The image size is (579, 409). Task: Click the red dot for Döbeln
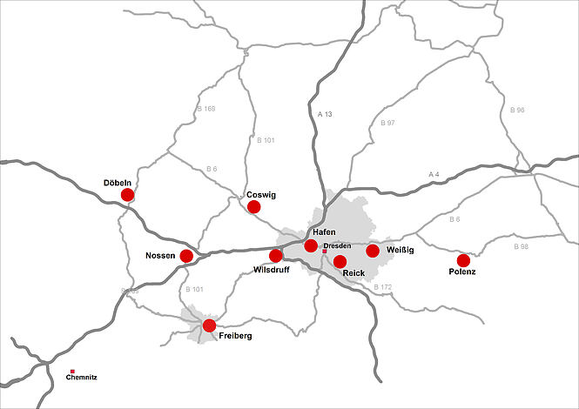coord(127,194)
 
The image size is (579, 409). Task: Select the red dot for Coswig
coord(253,206)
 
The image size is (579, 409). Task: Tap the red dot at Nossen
coord(185,256)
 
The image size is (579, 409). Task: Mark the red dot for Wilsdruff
coord(276,255)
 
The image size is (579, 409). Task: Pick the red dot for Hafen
coord(311,246)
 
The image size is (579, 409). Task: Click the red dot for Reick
coord(340,261)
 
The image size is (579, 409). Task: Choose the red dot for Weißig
coord(373,251)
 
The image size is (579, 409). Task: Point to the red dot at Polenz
coord(463,260)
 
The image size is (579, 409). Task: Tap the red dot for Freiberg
coord(209,325)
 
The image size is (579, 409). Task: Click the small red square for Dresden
coord(325,251)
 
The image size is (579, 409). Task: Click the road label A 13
coord(326,114)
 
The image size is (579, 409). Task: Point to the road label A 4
coord(435,175)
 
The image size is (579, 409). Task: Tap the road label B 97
coord(387,124)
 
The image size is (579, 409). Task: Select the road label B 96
coord(517,111)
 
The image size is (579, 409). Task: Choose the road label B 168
coord(205,109)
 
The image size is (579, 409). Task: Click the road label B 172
coord(383,286)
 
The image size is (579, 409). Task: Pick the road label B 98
coord(521,247)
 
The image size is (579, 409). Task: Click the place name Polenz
coord(461,272)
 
